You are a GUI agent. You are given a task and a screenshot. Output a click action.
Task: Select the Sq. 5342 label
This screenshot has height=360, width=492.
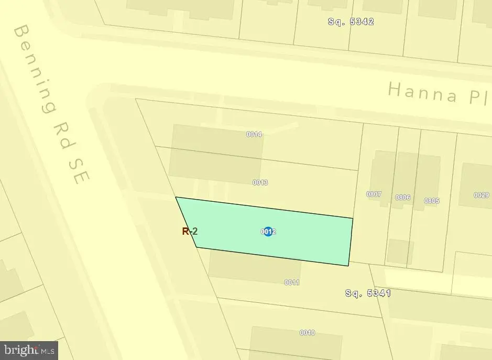pyautogui.click(x=351, y=21)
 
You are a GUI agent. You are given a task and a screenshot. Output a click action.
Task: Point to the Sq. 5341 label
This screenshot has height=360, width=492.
pyautogui.click(x=368, y=293)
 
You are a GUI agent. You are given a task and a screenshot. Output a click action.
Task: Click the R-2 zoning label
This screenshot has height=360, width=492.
pyautogui.click(x=190, y=231)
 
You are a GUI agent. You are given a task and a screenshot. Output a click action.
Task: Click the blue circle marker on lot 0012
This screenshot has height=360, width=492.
pyautogui.click(x=268, y=231)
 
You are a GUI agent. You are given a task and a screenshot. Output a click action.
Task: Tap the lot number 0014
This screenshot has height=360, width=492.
pyautogui.click(x=254, y=134)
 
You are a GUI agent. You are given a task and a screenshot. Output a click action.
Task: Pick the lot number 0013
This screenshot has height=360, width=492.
pyautogui.click(x=260, y=182)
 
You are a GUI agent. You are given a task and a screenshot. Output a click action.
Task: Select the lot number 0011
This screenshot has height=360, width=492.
pyautogui.click(x=292, y=282)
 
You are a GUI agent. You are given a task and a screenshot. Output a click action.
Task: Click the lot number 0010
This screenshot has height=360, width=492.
pyautogui.click(x=307, y=333)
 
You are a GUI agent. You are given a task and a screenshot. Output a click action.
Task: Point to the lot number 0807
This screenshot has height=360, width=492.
pyautogui.click(x=374, y=194)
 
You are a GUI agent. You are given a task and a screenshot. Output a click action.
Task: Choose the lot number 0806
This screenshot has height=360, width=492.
pyautogui.click(x=402, y=198)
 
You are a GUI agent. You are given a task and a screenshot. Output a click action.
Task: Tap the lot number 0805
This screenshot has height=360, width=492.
pyautogui.click(x=432, y=201)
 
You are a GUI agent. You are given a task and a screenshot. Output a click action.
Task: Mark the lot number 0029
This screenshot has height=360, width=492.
pyautogui.click(x=481, y=195)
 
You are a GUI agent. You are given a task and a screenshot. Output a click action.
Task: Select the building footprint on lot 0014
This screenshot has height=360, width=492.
pyautogui.click(x=216, y=147)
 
